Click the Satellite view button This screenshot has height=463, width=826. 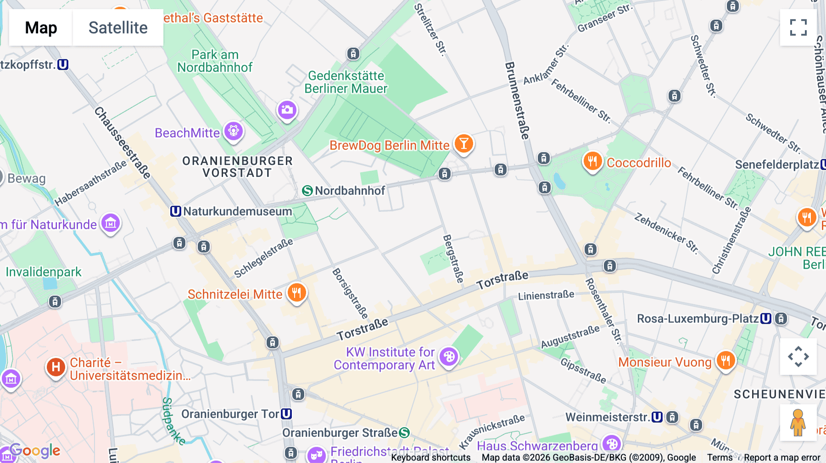[x=118, y=28]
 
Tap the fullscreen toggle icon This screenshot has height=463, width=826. [x=798, y=28]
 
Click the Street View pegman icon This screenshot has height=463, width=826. [x=798, y=423]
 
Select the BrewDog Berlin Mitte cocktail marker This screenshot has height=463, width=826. [x=463, y=144]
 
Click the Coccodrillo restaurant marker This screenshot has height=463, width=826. [x=592, y=161]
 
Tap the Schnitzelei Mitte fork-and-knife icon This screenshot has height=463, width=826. [x=297, y=292]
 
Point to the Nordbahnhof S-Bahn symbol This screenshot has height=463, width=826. [x=307, y=191]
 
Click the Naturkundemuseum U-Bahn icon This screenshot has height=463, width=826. [x=175, y=211]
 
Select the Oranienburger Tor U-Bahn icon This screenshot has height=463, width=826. [x=286, y=414]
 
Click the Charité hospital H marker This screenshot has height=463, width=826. [x=56, y=367]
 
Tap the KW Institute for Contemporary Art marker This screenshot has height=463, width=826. [x=449, y=357]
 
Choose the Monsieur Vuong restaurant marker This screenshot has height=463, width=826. [x=726, y=361]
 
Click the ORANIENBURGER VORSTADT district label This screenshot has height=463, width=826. [x=237, y=167]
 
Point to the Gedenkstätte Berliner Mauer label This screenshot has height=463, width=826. [x=346, y=82]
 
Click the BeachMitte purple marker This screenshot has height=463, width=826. [x=234, y=132]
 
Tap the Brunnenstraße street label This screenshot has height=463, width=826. [x=517, y=100]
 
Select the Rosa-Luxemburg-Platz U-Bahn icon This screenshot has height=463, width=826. [x=766, y=319]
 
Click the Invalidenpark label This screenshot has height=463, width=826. [x=44, y=272]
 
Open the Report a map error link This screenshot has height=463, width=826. [x=782, y=457]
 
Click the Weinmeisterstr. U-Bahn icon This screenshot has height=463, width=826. [x=657, y=417]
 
